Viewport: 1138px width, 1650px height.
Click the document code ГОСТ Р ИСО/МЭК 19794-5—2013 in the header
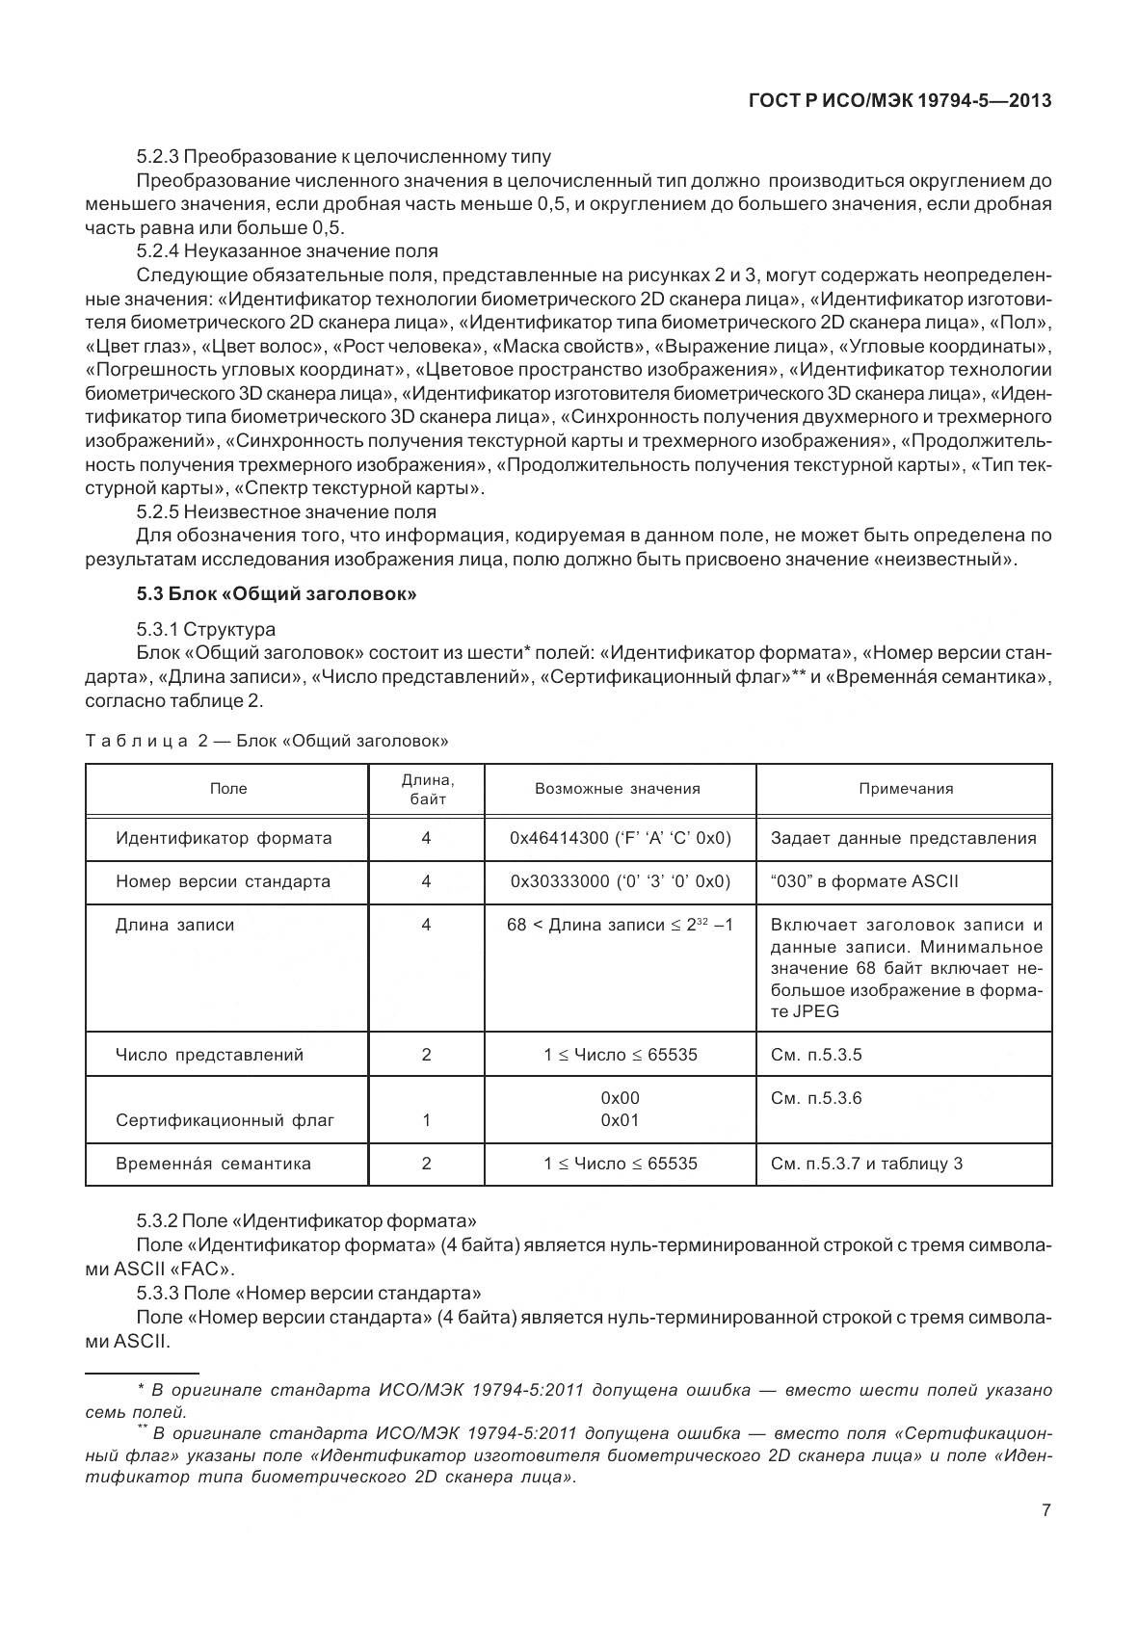[899, 100]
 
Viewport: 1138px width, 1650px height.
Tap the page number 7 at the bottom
[1045, 1509]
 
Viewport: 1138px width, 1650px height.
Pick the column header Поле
[228, 789]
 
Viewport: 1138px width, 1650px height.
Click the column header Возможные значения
[618, 789]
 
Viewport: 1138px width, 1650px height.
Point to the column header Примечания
[906, 789]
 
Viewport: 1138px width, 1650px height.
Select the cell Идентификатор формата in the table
[224, 838]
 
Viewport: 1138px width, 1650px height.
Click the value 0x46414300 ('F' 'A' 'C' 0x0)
[620, 838]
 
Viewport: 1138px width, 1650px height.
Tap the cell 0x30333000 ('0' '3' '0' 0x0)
[620, 881]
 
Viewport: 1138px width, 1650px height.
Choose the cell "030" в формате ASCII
[863, 881]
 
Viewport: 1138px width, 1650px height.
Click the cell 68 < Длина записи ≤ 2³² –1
[620, 925]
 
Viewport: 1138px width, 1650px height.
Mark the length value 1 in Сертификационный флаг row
[426, 1120]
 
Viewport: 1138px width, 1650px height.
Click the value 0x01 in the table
[620, 1120]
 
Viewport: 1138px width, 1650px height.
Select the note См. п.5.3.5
[816, 1055]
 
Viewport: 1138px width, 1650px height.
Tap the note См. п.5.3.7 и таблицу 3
[866, 1164]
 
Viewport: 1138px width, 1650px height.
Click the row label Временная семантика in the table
[213, 1164]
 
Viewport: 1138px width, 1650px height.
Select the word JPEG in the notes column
[791, 1011]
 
